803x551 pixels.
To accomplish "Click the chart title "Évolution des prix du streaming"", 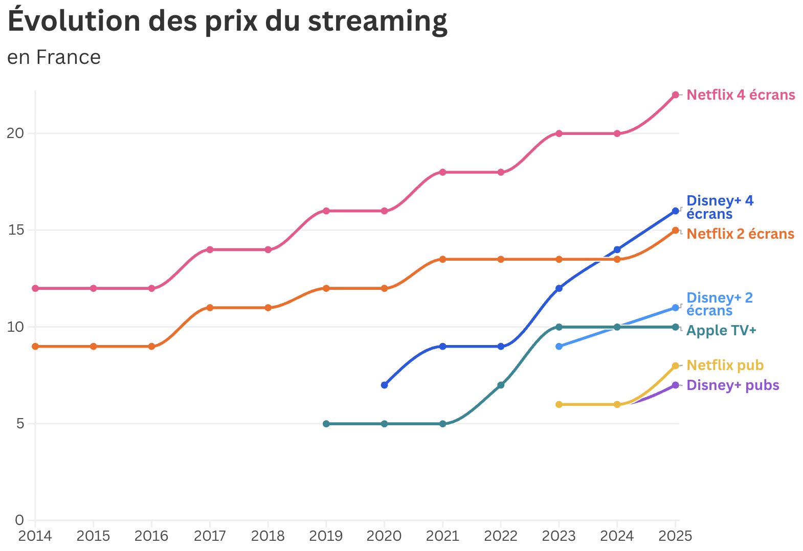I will (227, 21).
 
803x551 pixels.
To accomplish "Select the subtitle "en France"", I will (54, 57).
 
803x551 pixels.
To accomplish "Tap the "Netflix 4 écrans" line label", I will (740, 95).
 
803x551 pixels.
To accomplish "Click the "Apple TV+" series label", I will (721, 331).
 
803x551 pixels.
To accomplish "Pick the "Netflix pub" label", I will (724, 365).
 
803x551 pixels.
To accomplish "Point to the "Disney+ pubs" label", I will (732, 385).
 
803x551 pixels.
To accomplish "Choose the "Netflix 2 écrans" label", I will (740, 234).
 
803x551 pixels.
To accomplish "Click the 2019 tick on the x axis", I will (326, 536).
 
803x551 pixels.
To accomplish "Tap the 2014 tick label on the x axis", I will (35, 536).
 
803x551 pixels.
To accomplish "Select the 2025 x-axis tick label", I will (675, 536).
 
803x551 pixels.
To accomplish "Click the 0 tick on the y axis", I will (19, 520).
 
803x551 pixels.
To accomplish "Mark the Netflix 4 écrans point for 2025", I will (675, 95).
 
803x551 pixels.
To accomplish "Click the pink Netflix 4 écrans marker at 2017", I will (210, 249).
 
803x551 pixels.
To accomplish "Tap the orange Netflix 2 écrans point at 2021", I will (442, 259).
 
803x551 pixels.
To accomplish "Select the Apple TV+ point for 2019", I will (326, 424).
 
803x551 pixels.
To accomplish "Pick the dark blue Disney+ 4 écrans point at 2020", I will (384, 385).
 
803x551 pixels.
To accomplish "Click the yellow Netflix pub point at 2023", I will (559, 404).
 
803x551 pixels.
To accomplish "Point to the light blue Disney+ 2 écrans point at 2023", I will (559, 346).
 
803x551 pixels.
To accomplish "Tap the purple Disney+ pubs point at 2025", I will (675, 385).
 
